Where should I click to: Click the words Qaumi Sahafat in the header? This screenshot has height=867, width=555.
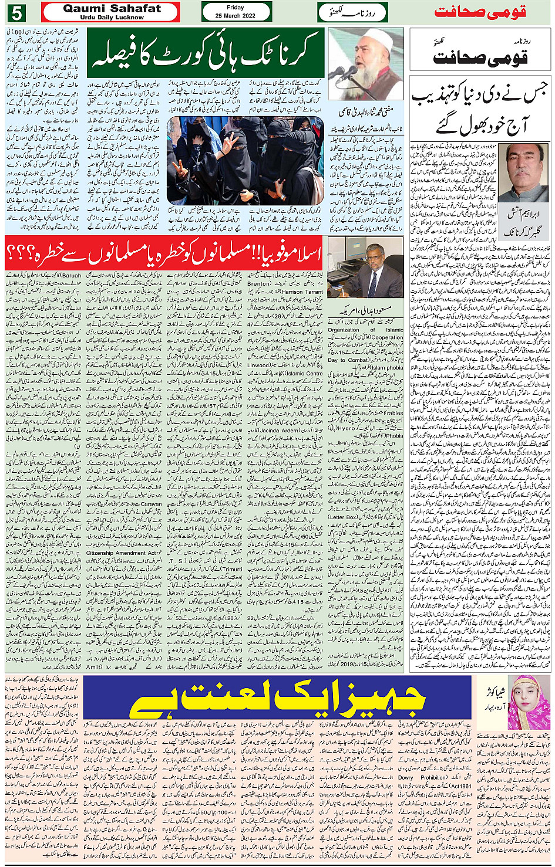click(112, 8)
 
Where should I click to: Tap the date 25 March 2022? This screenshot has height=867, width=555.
click(236, 16)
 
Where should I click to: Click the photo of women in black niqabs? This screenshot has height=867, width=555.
click(245, 160)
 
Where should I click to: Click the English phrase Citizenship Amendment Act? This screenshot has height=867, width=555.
click(122, 553)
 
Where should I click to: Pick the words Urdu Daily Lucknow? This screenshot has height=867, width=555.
click(112, 18)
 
